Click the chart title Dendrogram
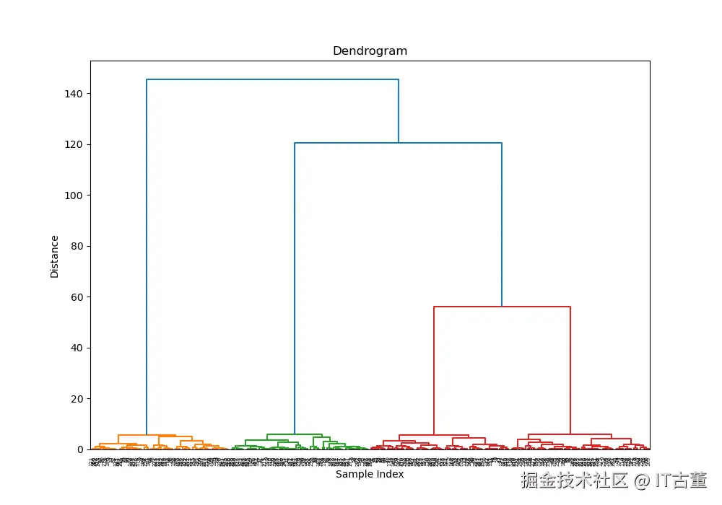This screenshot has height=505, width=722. (x=370, y=51)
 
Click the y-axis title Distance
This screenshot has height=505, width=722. (x=55, y=256)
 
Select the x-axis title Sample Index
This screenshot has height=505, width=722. (x=370, y=474)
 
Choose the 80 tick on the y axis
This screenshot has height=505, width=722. (x=77, y=246)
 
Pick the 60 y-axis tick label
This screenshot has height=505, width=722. (x=77, y=297)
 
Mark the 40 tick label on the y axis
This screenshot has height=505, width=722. (x=77, y=348)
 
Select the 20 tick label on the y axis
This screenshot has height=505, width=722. (x=77, y=399)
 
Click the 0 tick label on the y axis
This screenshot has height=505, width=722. (x=80, y=449)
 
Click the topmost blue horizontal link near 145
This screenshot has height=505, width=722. (x=272, y=79)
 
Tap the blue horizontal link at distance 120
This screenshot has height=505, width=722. (x=398, y=143)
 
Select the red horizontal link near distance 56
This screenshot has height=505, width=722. (x=502, y=307)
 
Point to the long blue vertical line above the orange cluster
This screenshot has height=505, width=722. (x=147, y=252)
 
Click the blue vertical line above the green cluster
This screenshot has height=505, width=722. (x=295, y=289)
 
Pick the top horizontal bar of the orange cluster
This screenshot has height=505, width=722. (x=147, y=435)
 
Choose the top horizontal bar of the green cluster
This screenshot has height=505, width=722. (x=295, y=434)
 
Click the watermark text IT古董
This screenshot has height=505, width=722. (x=681, y=480)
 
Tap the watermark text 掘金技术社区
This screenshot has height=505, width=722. (x=575, y=480)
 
